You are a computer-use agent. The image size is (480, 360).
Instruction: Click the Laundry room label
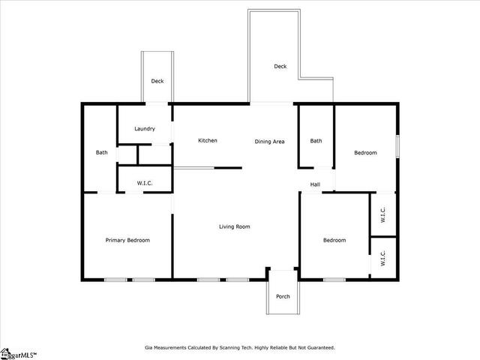click(145, 129)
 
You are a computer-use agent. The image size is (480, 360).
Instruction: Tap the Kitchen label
click(208, 140)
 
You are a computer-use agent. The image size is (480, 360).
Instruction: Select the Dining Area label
click(269, 142)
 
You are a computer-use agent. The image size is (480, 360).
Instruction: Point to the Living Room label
click(235, 226)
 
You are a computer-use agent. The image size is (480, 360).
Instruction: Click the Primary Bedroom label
click(127, 240)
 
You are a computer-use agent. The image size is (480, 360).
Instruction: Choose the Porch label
click(283, 296)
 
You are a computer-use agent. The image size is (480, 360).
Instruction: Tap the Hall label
click(315, 184)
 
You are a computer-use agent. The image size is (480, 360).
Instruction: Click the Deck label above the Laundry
click(157, 81)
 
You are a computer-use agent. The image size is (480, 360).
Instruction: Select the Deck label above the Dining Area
click(280, 66)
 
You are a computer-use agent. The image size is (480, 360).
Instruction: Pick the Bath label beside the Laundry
click(102, 152)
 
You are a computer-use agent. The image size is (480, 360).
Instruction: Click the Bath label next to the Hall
click(316, 141)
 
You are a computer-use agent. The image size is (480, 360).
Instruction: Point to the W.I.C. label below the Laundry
click(145, 183)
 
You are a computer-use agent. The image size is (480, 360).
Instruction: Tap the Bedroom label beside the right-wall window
click(365, 153)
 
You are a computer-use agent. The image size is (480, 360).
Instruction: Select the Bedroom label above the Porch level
click(334, 240)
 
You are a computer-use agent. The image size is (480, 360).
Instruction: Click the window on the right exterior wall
click(397, 147)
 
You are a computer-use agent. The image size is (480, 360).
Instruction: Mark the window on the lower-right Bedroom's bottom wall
click(334, 280)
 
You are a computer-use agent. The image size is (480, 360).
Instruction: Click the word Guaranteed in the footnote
click(321, 348)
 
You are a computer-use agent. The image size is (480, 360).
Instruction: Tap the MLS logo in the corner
click(18, 354)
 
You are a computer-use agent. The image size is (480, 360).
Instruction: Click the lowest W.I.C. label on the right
click(382, 258)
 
